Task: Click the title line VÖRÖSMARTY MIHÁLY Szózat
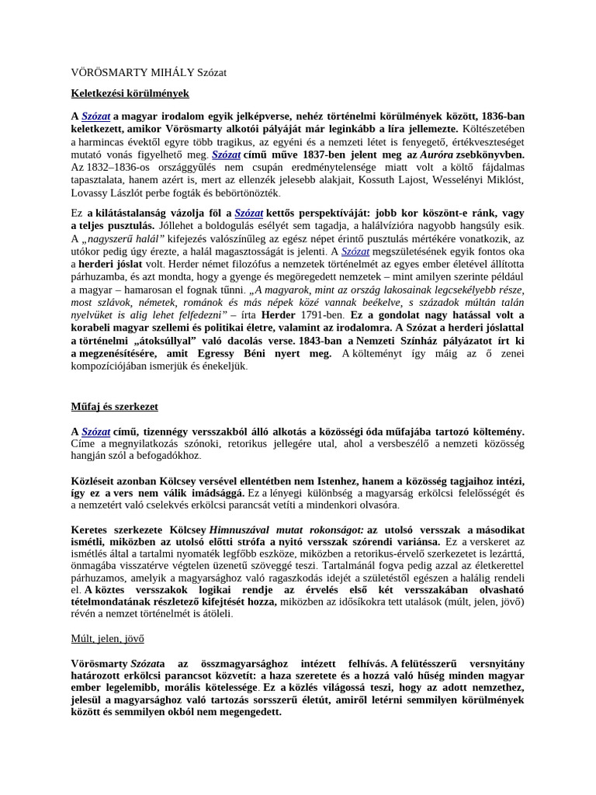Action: click(x=148, y=72)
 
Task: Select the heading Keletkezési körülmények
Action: click(x=130, y=93)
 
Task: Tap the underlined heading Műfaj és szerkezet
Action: click(x=114, y=406)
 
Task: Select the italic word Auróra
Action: click(x=437, y=154)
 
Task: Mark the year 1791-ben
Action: click(x=317, y=314)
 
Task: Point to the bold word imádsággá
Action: click(x=217, y=492)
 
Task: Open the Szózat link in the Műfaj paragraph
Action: click(x=96, y=431)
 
